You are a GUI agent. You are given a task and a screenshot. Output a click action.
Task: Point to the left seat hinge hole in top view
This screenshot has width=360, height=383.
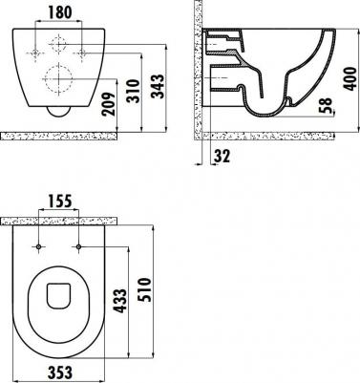(x=38, y=247)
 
